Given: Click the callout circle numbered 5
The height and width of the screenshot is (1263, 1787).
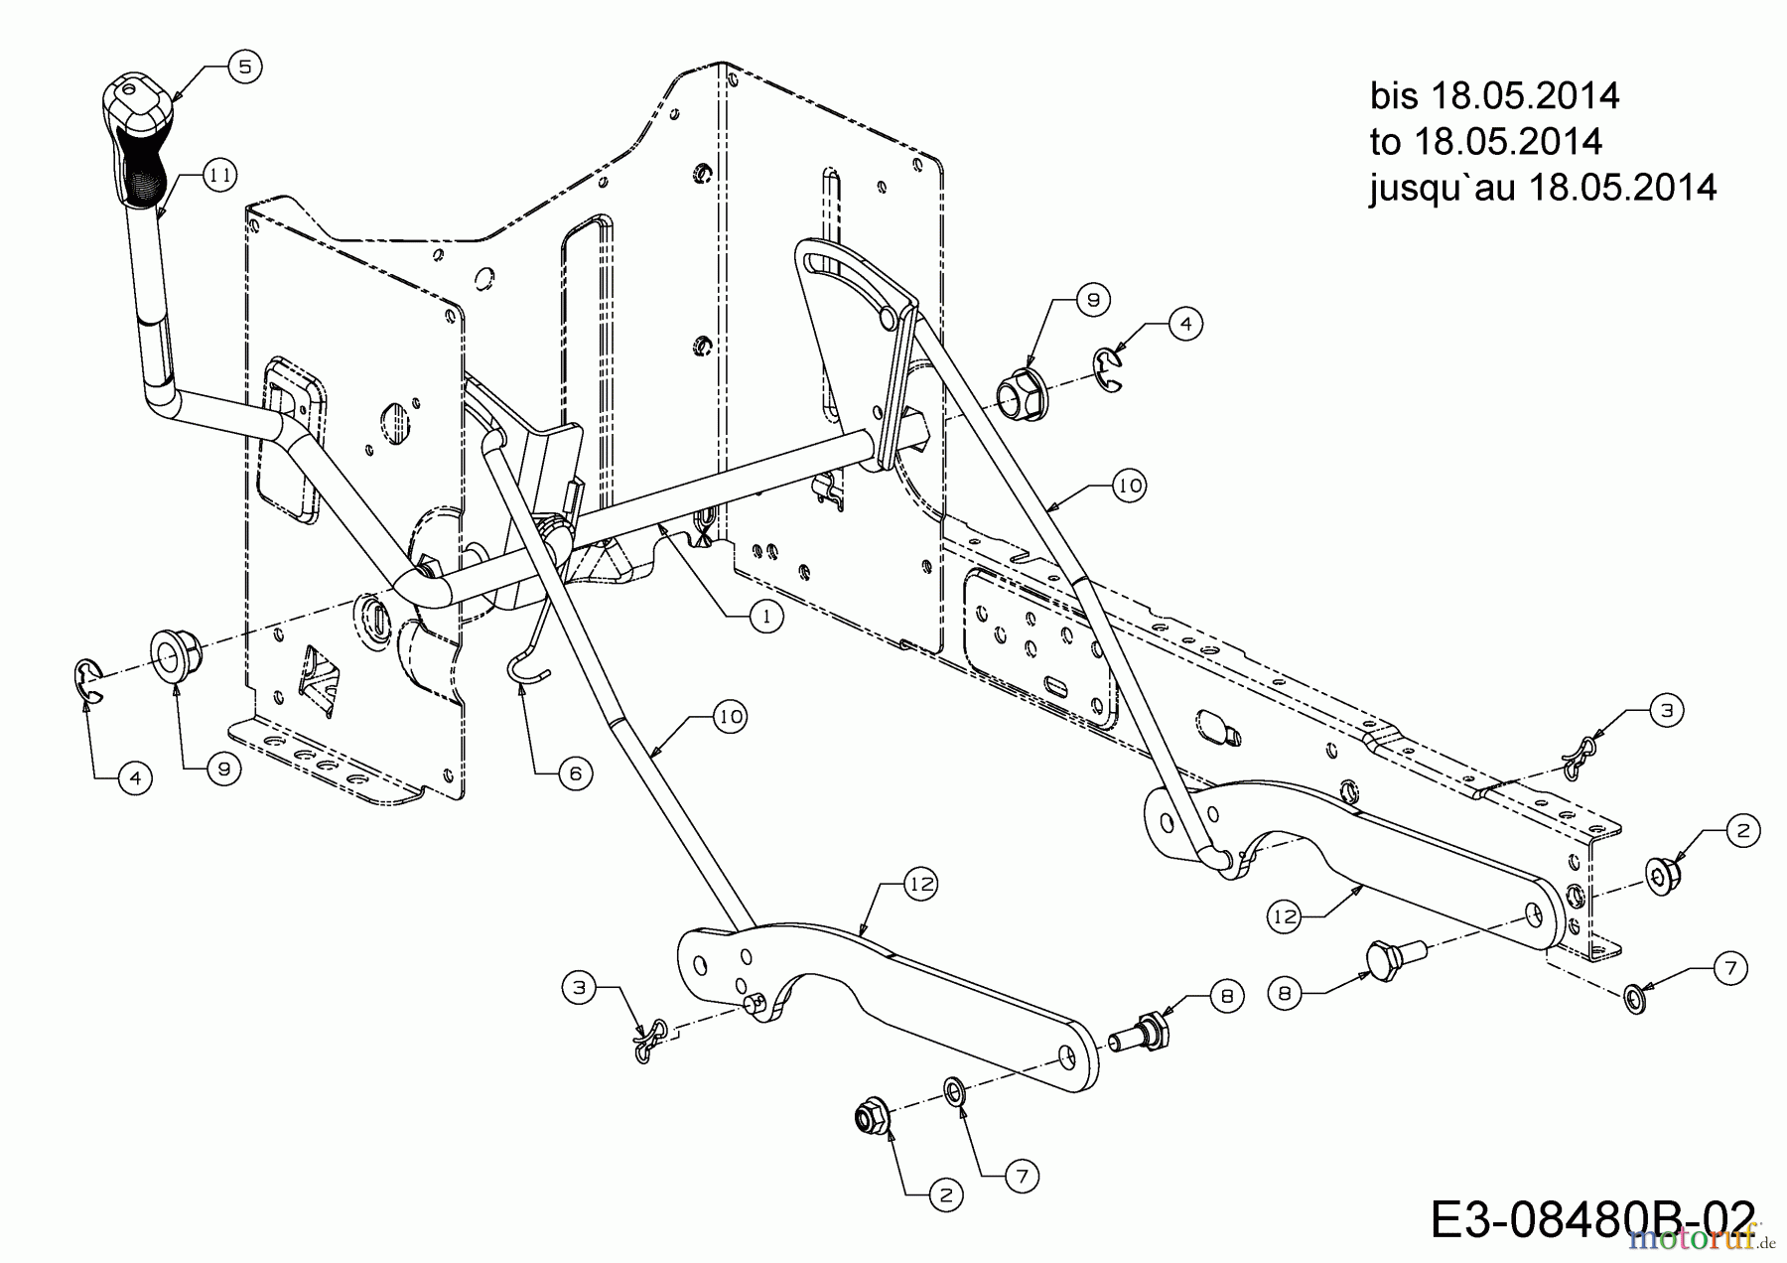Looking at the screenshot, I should pos(244,67).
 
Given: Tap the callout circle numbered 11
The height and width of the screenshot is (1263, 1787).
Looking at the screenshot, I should pos(219,176).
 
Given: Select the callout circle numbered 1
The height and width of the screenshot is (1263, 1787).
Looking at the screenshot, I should pos(765,617).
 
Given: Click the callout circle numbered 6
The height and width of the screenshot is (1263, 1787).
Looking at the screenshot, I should pos(575,773).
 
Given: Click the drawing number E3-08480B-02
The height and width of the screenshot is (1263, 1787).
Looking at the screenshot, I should pos(1579,1220).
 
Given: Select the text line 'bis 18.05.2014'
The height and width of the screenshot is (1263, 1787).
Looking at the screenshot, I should pos(1494,96).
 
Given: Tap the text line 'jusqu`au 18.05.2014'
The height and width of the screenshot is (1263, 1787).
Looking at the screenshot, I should pos(1542,188).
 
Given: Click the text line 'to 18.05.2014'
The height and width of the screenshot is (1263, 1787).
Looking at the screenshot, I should pos(1485,142).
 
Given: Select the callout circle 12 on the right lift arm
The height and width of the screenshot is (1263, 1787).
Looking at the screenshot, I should pos(1285,915).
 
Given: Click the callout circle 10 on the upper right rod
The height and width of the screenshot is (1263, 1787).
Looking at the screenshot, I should pos(1129,486).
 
